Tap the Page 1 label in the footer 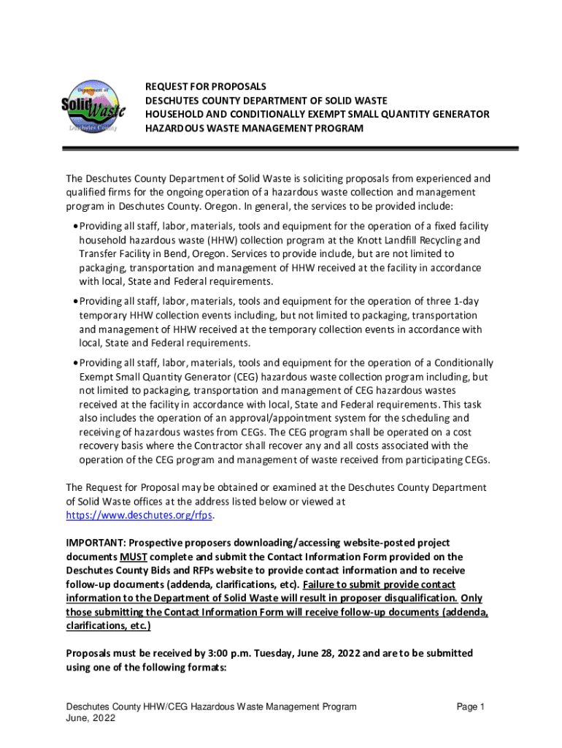(x=470, y=706)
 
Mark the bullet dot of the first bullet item (x=75, y=226)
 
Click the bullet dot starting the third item (x=75, y=363)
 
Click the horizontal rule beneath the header (x=292, y=149)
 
